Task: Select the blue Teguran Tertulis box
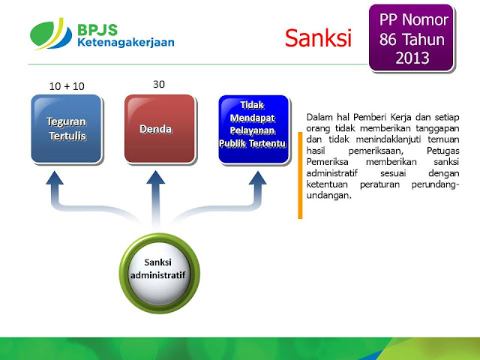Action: tap(67, 128)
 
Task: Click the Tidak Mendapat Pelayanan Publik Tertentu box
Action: tap(253, 128)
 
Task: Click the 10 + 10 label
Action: tap(67, 86)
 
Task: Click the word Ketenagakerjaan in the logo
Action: tap(124, 43)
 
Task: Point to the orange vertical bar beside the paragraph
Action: tap(300, 174)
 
